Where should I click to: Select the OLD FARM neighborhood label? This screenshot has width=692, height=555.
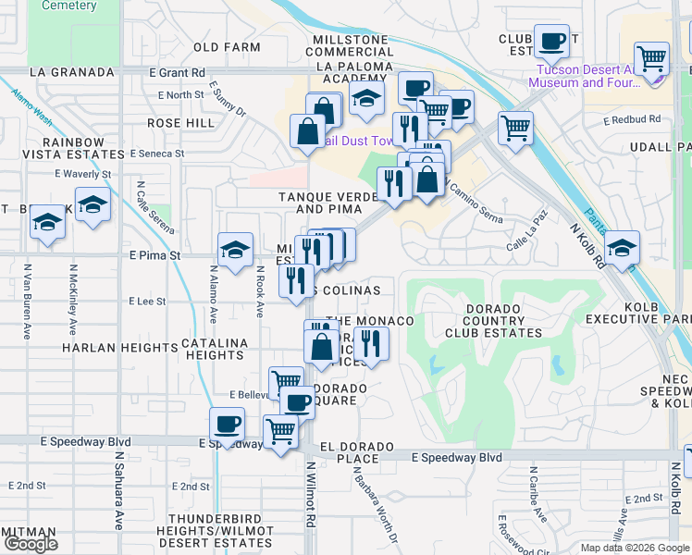click(227, 47)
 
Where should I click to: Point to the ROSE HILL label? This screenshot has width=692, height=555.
click(179, 123)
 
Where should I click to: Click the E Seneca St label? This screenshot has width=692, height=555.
click(160, 154)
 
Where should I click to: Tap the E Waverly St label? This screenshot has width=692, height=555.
click(82, 174)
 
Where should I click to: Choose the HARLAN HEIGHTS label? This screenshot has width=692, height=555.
click(119, 348)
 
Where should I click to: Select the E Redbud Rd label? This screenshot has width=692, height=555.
click(632, 119)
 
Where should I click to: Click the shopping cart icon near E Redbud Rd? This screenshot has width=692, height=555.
click(515, 127)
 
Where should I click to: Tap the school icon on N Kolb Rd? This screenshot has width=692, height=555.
click(622, 247)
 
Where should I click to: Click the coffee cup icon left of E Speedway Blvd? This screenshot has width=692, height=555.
click(227, 425)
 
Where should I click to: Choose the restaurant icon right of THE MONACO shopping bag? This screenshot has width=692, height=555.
click(371, 343)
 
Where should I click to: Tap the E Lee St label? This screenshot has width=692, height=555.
click(147, 301)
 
